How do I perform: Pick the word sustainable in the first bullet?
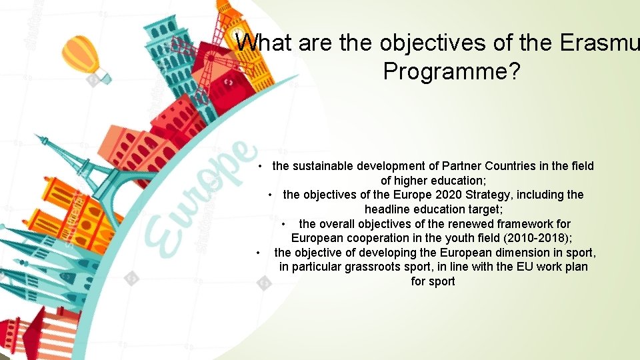(322, 166)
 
